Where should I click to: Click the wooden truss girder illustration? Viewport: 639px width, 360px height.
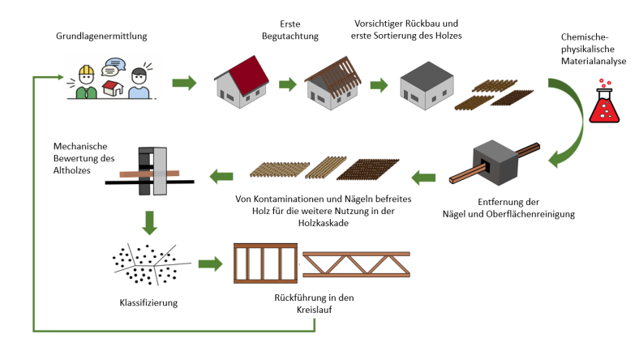354,264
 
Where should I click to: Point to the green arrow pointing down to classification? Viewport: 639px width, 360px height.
148,220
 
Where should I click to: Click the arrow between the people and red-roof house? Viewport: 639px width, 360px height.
185,83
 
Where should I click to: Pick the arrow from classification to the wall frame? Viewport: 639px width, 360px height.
208,264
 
